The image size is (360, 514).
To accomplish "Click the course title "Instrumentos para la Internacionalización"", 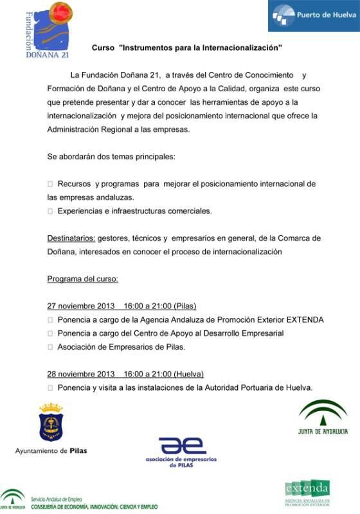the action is point(200,48).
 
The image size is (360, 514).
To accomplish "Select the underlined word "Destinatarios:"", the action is point(71,238).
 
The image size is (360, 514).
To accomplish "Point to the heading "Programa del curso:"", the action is point(83,279).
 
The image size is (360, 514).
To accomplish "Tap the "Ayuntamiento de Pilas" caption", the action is point(51,450).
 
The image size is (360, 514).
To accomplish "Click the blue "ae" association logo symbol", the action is point(183,445).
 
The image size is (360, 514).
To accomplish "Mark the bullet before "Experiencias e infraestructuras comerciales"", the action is point(50,211).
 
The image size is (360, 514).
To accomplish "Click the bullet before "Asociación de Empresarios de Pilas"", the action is point(50,347).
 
